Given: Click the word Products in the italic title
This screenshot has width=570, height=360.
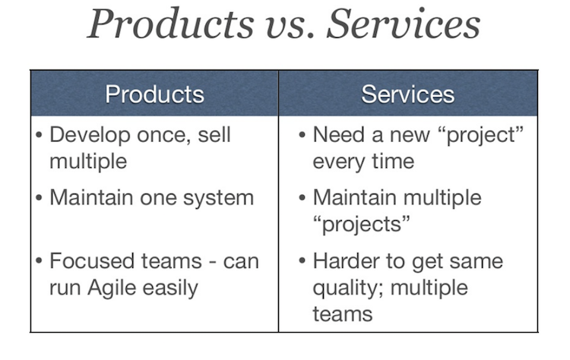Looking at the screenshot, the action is [171, 24].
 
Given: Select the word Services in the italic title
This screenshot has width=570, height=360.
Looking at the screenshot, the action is [404, 24].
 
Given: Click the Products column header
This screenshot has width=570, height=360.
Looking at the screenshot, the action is [154, 94].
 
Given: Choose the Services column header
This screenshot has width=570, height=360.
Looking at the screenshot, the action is [408, 94].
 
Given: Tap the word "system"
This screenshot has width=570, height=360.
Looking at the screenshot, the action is [218, 199].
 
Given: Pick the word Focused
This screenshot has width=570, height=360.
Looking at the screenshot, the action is [90, 261].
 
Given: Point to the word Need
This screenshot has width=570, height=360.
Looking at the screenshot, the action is [338, 134].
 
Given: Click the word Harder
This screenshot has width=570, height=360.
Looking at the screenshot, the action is [349, 261].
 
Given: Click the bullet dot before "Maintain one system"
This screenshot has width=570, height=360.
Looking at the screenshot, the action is [40, 198].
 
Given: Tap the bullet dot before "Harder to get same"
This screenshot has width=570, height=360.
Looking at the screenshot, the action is [302, 261].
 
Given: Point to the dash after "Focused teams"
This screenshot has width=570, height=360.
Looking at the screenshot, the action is [212, 262].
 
